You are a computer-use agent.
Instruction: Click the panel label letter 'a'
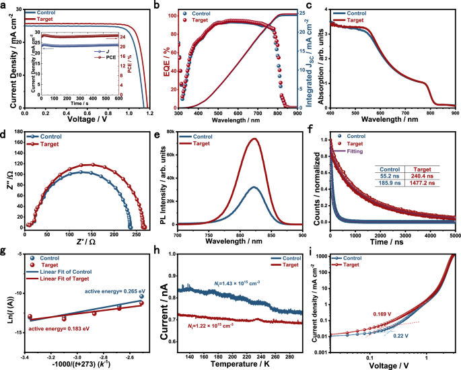(x=5, y=6)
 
